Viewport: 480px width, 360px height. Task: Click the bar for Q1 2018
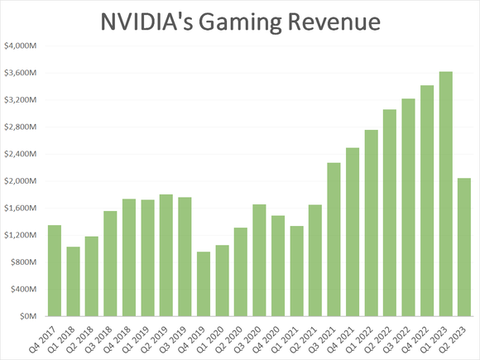click(73, 281)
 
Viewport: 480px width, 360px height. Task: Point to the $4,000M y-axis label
click(20, 46)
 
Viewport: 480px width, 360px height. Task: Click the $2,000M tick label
click(20, 181)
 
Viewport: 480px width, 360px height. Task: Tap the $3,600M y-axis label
click(20, 73)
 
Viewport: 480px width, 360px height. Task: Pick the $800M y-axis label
click(22, 262)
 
